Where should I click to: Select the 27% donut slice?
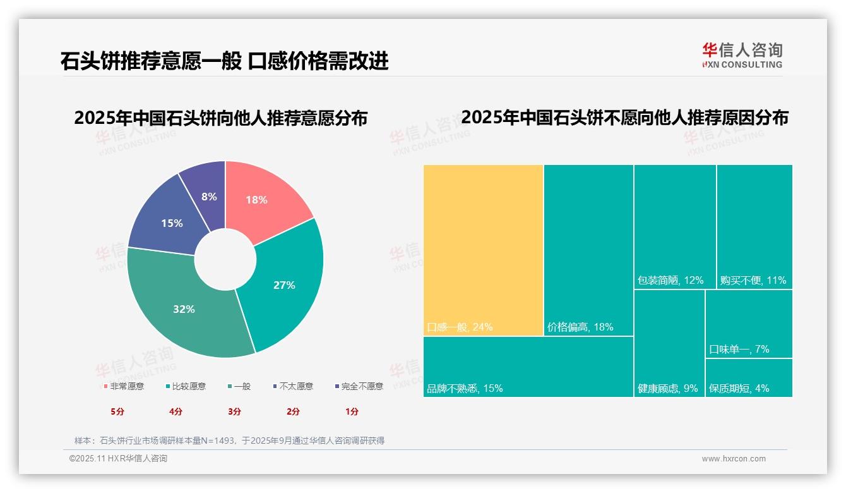coord(287,284)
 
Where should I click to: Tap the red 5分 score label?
coord(117,411)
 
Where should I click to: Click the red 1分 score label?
coord(352,411)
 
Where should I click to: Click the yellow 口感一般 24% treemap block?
coord(483,250)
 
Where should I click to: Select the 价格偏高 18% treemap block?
coord(588,250)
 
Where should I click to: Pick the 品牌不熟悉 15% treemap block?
coord(528,367)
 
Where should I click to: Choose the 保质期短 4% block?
coord(749,378)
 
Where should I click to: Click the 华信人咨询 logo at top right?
coord(742,55)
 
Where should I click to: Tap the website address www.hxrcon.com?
coord(734,459)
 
